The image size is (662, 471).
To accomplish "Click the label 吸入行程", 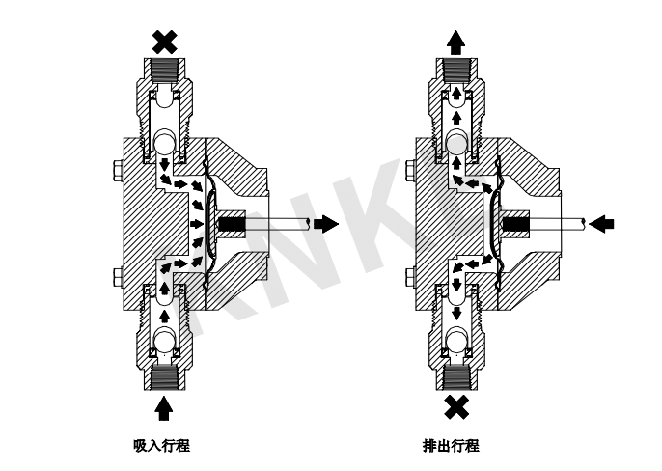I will pyautogui.click(x=163, y=445).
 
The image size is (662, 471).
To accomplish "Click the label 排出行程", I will pyautogui.click(x=452, y=445).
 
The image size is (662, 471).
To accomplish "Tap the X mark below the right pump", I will pyautogui.click(x=455, y=406).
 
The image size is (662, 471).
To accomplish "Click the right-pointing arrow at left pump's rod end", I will pyautogui.click(x=329, y=224).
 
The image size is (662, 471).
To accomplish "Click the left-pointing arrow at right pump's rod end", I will pyautogui.click(x=602, y=224).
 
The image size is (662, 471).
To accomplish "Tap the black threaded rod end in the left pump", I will pyautogui.click(x=232, y=225).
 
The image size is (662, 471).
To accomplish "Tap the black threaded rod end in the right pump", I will pyautogui.click(x=513, y=225).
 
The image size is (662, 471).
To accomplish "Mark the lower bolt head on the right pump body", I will pyautogui.click(x=408, y=277).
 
